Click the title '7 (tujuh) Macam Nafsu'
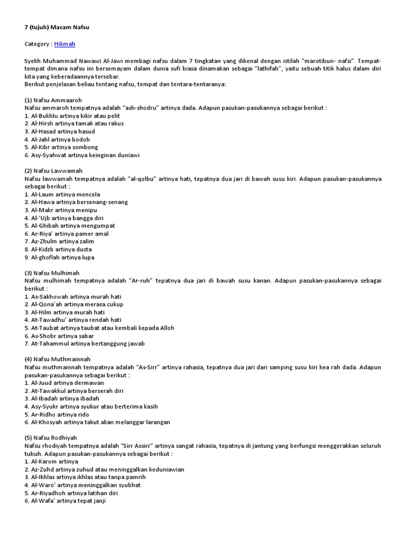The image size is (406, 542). point(53,26)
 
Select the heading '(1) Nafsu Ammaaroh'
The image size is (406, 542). point(53,100)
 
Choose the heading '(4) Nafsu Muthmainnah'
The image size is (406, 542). point(58,359)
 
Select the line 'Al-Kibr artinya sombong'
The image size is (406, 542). point(61,147)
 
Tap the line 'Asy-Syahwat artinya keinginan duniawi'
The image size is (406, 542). point(82,155)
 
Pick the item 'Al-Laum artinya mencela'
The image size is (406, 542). point(62,194)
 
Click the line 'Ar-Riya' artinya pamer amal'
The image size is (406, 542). point(67,233)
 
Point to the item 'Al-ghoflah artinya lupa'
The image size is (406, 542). point(60,257)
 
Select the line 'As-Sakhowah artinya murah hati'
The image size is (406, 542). point(73,296)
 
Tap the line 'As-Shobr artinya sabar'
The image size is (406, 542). point(59,336)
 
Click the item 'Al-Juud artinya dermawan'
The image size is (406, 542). point(64,383)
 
